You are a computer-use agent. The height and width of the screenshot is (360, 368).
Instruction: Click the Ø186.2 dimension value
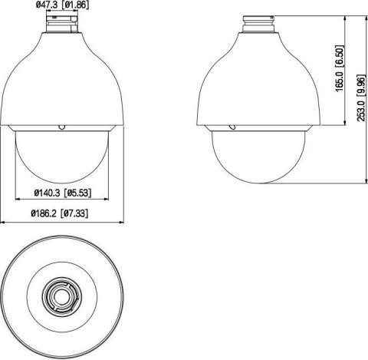point(45,214)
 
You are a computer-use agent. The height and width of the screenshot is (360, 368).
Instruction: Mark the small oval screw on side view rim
point(227,125)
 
